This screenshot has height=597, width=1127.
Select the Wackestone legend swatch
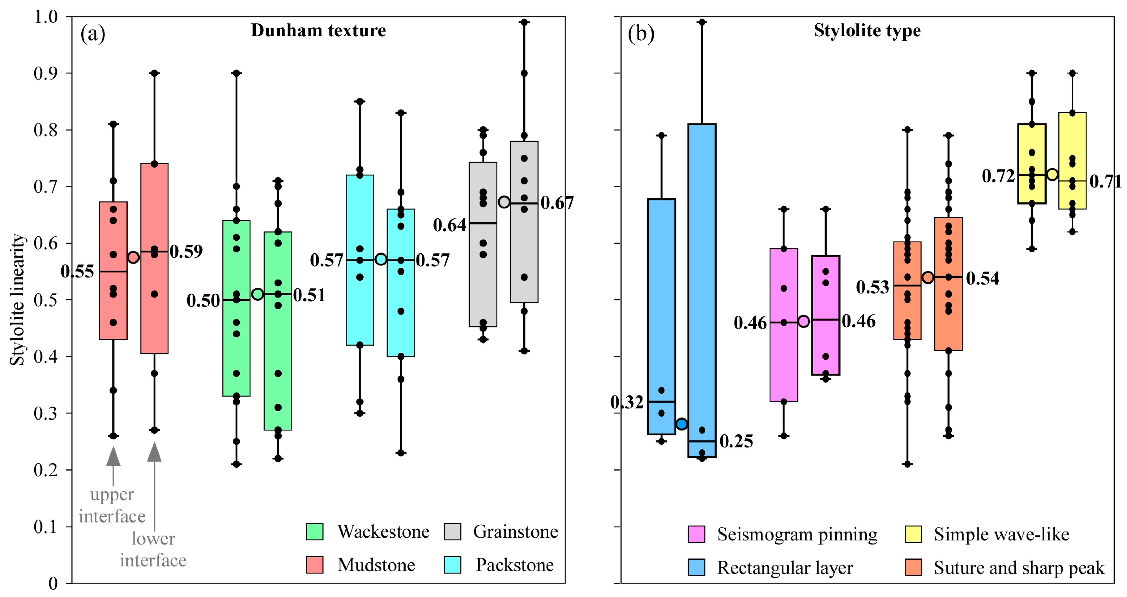(314, 531)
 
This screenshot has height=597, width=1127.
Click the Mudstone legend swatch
(314, 565)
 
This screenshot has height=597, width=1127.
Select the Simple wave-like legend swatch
(913, 534)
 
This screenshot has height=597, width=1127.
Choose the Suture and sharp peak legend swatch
(913, 567)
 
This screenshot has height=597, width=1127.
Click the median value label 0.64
(449, 225)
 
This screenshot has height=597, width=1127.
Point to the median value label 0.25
(736, 441)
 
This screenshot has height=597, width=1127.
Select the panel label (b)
(641, 33)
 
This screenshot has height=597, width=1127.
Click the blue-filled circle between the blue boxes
(682, 424)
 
